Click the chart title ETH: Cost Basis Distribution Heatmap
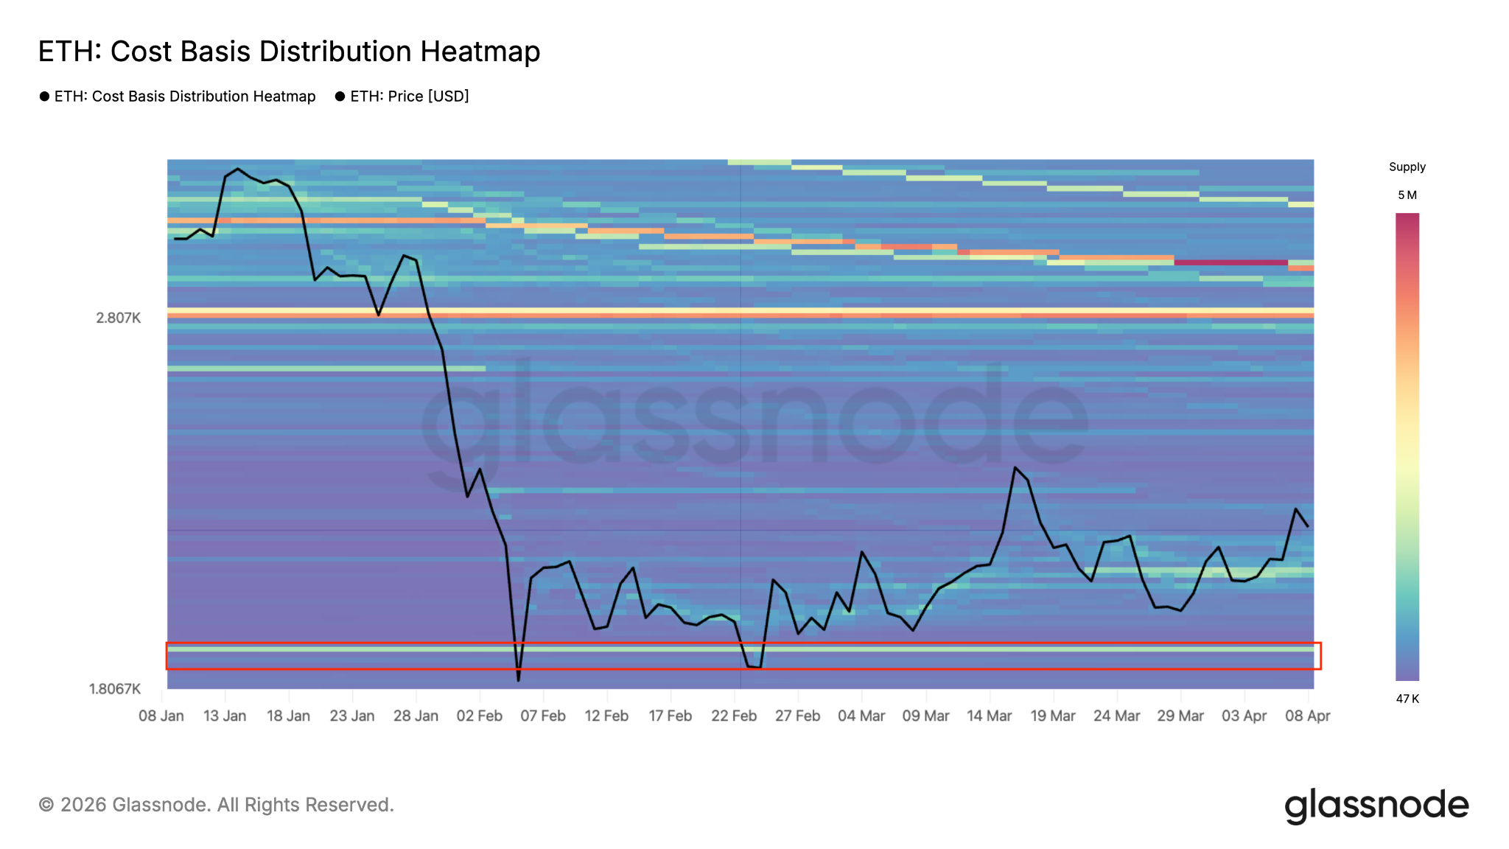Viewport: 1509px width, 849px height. click(x=289, y=52)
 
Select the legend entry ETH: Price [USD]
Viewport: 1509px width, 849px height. click(x=409, y=97)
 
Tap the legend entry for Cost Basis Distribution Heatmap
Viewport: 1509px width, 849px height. click(x=184, y=97)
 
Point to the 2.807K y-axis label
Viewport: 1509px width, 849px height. click(x=118, y=318)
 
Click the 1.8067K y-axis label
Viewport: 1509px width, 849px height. click(x=114, y=689)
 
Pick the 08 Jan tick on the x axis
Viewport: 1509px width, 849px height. click(x=161, y=716)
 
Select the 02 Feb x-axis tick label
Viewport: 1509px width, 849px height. click(x=480, y=716)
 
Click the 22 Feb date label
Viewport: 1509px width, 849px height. click(x=734, y=716)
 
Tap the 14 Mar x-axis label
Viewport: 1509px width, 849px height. click(x=989, y=716)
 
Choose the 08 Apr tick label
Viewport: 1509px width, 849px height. click(x=1308, y=716)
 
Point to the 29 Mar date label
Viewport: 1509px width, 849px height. click(x=1180, y=716)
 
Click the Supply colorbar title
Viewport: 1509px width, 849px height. click(x=1407, y=167)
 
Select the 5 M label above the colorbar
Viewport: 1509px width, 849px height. click(x=1407, y=195)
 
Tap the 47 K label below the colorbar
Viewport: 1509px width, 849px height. click(x=1407, y=699)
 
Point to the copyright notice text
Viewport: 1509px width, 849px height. click(x=217, y=805)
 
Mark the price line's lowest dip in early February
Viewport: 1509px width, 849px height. click(x=518, y=679)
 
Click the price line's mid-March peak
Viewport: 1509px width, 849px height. click(x=1015, y=467)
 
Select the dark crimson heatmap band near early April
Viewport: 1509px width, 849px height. click(x=1230, y=262)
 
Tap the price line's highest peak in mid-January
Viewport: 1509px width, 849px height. click(x=237, y=169)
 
